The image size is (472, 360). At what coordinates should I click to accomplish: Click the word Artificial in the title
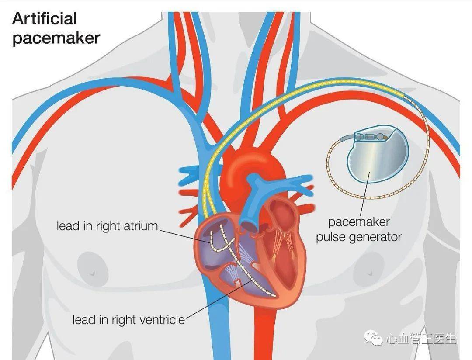[45, 19]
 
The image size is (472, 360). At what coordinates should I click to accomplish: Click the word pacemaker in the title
[56, 38]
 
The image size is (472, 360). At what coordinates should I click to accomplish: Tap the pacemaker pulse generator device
[378, 157]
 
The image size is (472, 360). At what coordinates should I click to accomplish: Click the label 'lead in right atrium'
[107, 226]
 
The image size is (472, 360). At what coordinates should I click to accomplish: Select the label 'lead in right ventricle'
[128, 320]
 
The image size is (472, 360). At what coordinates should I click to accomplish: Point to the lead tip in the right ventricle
[273, 296]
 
